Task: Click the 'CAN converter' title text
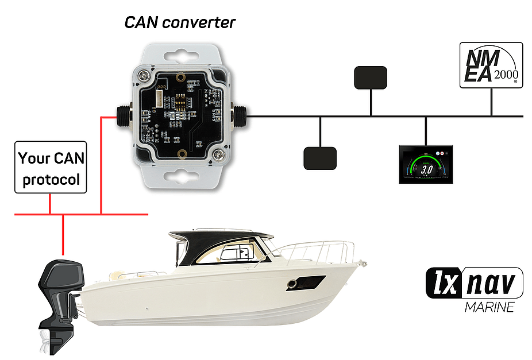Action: point(180,23)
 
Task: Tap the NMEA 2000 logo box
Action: point(491,65)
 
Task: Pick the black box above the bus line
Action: point(371,78)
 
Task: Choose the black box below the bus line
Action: point(319,158)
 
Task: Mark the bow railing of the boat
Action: point(322,250)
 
